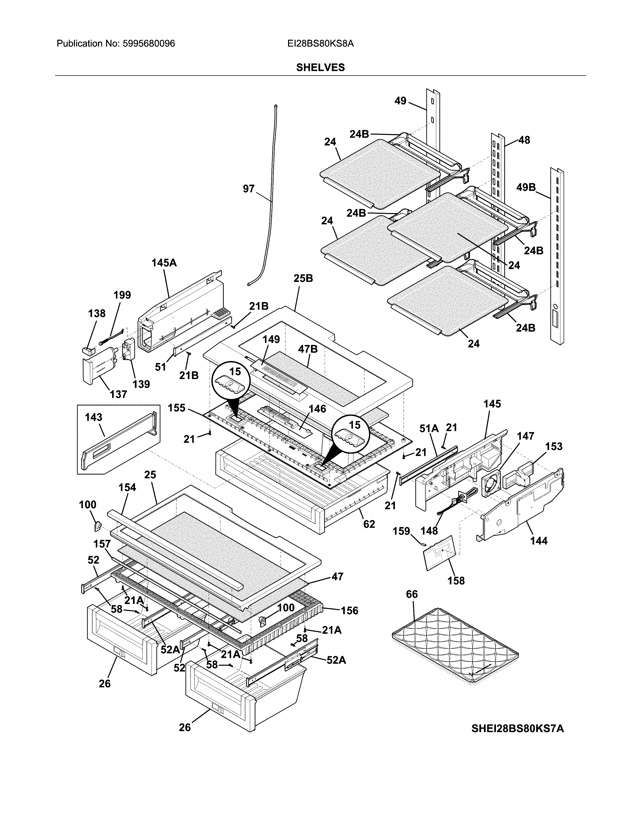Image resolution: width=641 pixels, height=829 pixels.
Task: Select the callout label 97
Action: (x=248, y=189)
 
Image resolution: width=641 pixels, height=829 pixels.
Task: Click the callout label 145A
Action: (x=164, y=263)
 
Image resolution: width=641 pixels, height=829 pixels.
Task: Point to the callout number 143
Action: (x=94, y=417)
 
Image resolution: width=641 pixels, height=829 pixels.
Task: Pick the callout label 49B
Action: (x=526, y=187)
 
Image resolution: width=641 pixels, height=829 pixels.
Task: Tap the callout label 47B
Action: (x=308, y=349)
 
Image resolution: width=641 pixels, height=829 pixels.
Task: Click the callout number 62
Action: (x=369, y=524)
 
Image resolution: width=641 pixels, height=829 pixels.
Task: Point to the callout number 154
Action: (x=127, y=487)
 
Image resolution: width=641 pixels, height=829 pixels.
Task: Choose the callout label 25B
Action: (x=303, y=279)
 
